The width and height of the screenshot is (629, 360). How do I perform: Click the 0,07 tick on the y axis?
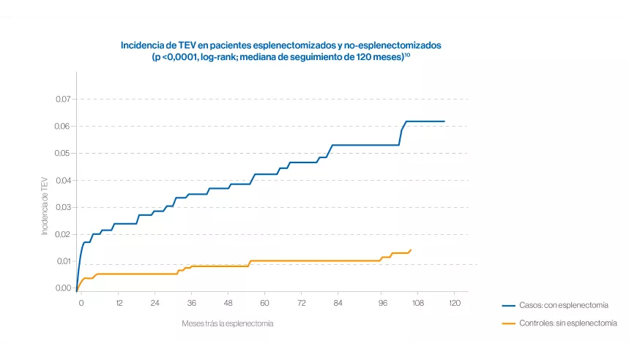[x=63, y=99]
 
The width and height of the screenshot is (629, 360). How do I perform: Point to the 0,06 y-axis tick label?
[x=63, y=126]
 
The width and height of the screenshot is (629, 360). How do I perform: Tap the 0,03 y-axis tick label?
[x=63, y=207]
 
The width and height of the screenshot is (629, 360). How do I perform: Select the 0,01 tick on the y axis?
[x=63, y=261]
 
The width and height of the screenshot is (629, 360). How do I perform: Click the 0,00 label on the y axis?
[x=63, y=288]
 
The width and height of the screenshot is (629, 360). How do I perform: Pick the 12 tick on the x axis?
[x=118, y=303]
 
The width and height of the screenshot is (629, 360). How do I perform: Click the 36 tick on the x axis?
[x=192, y=303]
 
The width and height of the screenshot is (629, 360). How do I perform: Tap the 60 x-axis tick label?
[x=265, y=303]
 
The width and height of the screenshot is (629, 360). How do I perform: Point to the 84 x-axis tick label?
[x=338, y=303]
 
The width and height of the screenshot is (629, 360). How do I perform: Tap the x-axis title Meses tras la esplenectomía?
[x=228, y=323]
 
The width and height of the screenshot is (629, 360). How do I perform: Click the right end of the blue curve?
[x=444, y=121]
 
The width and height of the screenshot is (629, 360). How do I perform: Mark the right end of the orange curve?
[x=411, y=250]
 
